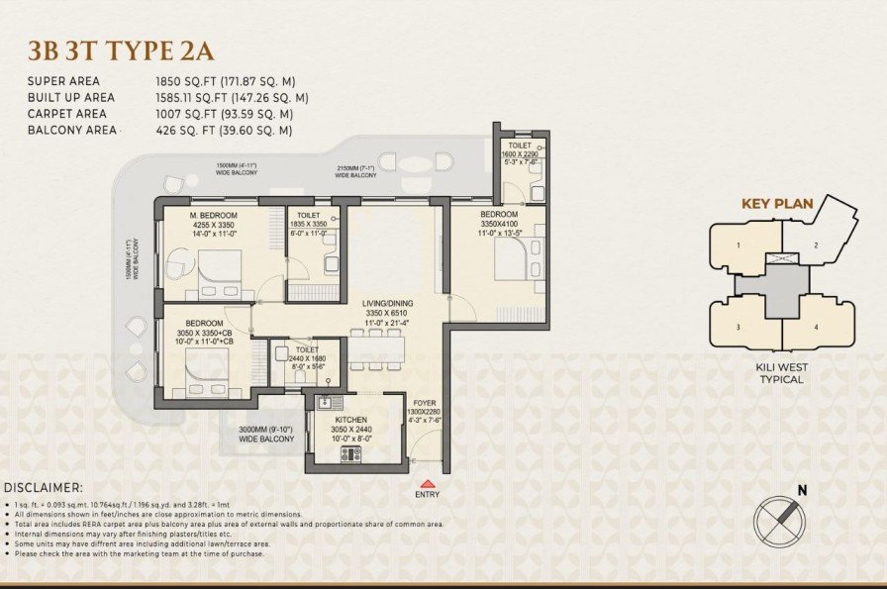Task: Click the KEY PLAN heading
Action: (777, 205)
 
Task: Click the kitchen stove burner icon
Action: (351, 453)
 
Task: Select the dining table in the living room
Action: (375, 345)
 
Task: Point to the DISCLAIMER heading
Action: (44, 488)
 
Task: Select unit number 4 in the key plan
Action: (817, 326)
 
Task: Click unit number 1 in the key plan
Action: (738, 244)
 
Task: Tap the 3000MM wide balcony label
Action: (262, 434)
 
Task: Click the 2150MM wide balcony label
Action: (353, 171)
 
